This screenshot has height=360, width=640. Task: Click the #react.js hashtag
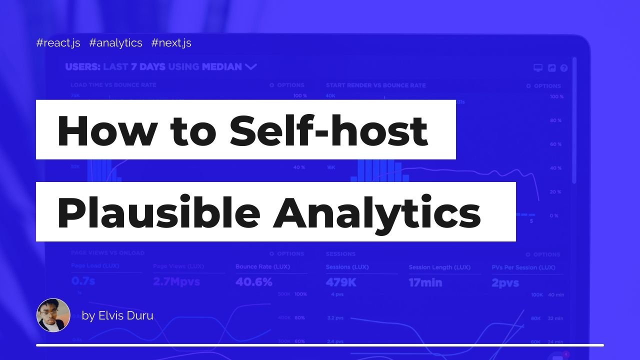pyautogui.click(x=58, y=43)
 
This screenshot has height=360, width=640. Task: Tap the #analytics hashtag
pyautogui.click(x=115, y=43)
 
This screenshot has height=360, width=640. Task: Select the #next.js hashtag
pyautogui.click(x=171, y=43)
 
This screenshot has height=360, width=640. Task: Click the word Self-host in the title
pyautogui.click(x=328, y=130)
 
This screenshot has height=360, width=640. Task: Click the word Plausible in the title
pyautogui.click(x=158, y=212)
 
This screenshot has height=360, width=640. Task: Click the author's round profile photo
pyautogui.click(x=53, y=315)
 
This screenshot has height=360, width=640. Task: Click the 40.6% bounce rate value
pyautogui.click(x=253, y=282)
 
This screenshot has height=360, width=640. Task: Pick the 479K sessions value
pyautogui.click(x=340, y=282)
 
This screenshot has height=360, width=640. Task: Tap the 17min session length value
pyautogui.click(x=425, y=282)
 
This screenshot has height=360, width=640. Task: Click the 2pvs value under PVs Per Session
pyautogui.click(x=505, y=283)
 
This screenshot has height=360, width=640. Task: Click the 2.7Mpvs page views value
pyautogui.click(x=176, y=282)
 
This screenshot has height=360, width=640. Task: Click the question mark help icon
pyautogui.click(x=564, y=68)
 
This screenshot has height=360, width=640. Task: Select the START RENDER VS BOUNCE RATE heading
pyautogui.click(x=375, y=85)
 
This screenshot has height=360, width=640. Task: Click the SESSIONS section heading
pyautogui.click(x=340, y=254)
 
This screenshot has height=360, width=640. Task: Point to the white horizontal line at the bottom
pyautogui.click(x=320, y=345)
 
